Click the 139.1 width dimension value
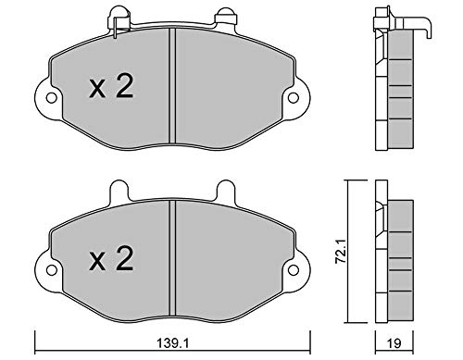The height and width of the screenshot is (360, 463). pos(172,343)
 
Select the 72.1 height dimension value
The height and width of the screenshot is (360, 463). pos(341,253)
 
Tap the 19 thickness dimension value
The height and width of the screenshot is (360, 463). pos(394,343)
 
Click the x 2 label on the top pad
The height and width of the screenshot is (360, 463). pos(111,87)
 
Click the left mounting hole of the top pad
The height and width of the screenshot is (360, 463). pos(51,98)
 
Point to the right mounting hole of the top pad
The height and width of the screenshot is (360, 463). pos(294,98)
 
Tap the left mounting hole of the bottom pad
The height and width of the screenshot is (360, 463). pos(51,270)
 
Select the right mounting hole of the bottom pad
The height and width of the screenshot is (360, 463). pos(294,270)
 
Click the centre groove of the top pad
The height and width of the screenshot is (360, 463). pos(172,86)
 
